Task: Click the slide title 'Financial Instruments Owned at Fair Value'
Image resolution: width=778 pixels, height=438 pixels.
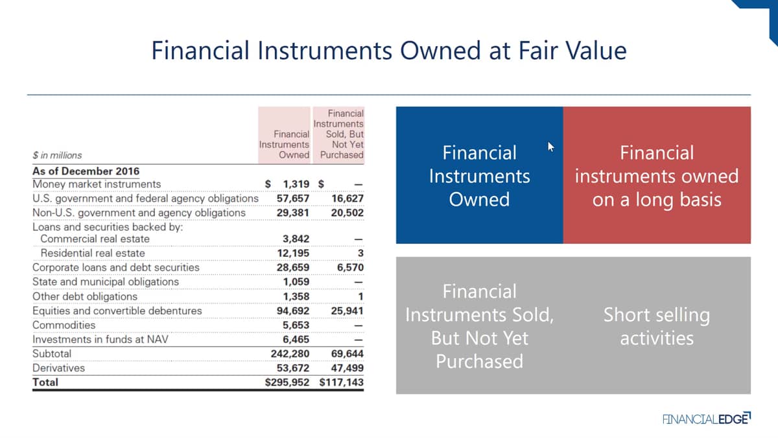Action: pyautogui.click(x=389, y=51)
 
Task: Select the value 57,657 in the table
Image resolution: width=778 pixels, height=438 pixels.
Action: pyautogui.click(x=293, y=199)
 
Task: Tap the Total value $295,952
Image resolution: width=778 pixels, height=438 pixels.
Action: pyautogui.click(x=287, y=382)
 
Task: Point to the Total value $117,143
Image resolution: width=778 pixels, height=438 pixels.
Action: pyautogui.click(x=342, y=382)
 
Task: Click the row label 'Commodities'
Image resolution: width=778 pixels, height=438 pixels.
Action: pyautogui.click(x=64, y=325)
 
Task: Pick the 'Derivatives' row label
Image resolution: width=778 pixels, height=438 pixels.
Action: pyautogui.click(x=58, y=368)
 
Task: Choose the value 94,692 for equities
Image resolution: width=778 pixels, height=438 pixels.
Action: pyautogui.click(x=293, y=311)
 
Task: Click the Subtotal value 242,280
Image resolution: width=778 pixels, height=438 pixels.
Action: pyautogui.click(x=290, y=354)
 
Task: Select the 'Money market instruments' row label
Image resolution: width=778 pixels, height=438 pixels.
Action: pyautogui.click(x=97, y=184)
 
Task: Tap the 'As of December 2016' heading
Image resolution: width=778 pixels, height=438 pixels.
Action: pyautogui.click(x=86, y=171)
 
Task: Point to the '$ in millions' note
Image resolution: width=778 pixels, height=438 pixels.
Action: pyautogui.click(x=57, y=155)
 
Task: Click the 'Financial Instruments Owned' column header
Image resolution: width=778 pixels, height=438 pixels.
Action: pyautogui.click(x=284, y=145)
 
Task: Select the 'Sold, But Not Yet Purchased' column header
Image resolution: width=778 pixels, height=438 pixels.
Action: pyautogui.click(x=338, y=134)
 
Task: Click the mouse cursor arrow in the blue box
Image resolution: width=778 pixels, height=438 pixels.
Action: pyautogui.click(x=550, y=147)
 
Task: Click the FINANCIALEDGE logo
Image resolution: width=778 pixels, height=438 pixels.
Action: pyautogui.click(x=707, y=419)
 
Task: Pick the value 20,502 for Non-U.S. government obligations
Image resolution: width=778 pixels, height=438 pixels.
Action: pyautogui.click(x=348, y=213)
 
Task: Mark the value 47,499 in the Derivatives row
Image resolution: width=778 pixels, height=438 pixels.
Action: pyautogui.click(x=348, y=368)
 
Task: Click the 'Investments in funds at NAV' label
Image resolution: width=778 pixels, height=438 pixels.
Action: pyautogui.click(x=100, y=339)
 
